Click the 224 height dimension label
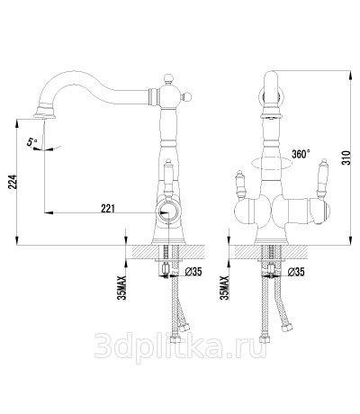[13, 182]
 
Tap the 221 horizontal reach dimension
[108, 208]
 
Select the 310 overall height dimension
[346, 157]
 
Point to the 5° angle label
[32, 141]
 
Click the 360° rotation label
[301, 154]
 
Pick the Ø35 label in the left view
[193, 272]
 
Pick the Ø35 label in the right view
[296, 272]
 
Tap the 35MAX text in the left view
[122, 287]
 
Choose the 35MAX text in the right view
[224, 287]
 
